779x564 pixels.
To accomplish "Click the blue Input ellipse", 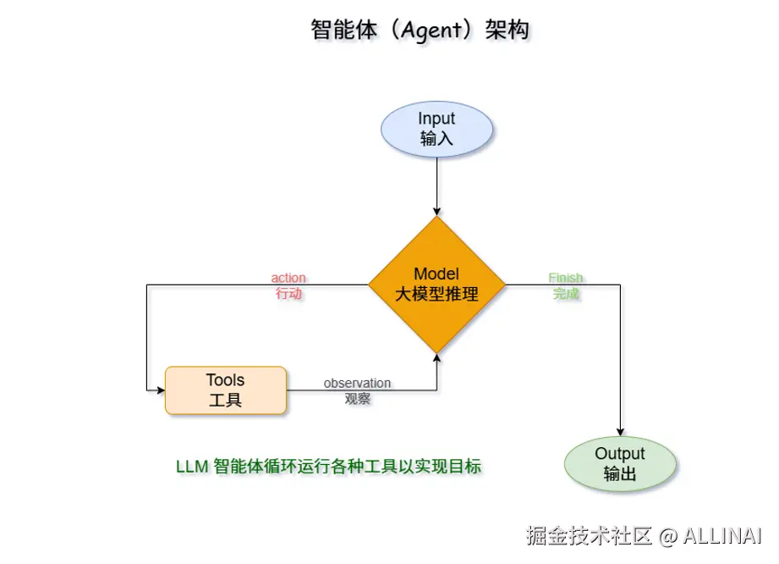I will click(436, 129).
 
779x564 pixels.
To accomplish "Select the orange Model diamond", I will click(436, 285).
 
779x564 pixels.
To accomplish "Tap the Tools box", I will click(225, 390).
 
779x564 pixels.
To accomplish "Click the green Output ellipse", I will click(620, 464).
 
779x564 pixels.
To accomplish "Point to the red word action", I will click(288, 278).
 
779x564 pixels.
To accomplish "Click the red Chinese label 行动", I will click(288, 294).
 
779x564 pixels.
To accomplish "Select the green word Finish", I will click(566, 278).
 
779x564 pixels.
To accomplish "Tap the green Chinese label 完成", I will click(566, 294).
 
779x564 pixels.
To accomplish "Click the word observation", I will click(357, 383).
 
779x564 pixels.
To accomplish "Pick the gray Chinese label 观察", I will click(357, 398).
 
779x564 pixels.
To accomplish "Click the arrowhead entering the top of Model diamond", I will click(436, 211).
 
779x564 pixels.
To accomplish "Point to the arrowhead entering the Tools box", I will click(159, 390).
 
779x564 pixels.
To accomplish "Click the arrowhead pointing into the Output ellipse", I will click(620, 432).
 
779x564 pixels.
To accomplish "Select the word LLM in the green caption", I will click(192, 467).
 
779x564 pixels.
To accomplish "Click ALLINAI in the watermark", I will click(722, 536).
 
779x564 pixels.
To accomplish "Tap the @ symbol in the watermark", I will click(668, 536).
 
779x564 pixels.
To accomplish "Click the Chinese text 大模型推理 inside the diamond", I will click(436, 295).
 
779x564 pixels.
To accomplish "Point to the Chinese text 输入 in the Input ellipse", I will click(436, 139).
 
